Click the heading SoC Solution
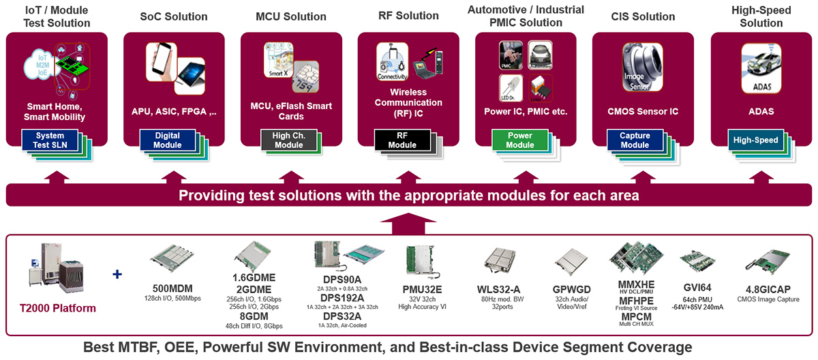click(173, 16)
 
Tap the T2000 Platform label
click(57, 308)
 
